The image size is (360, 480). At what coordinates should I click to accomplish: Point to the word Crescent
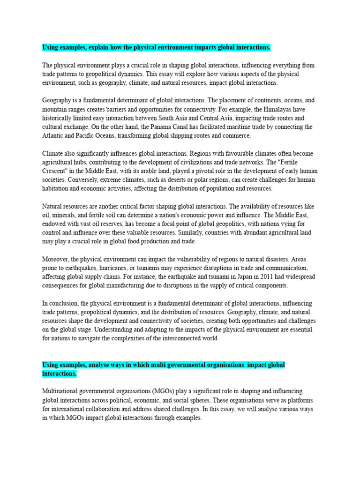click(x=56, y=171)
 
